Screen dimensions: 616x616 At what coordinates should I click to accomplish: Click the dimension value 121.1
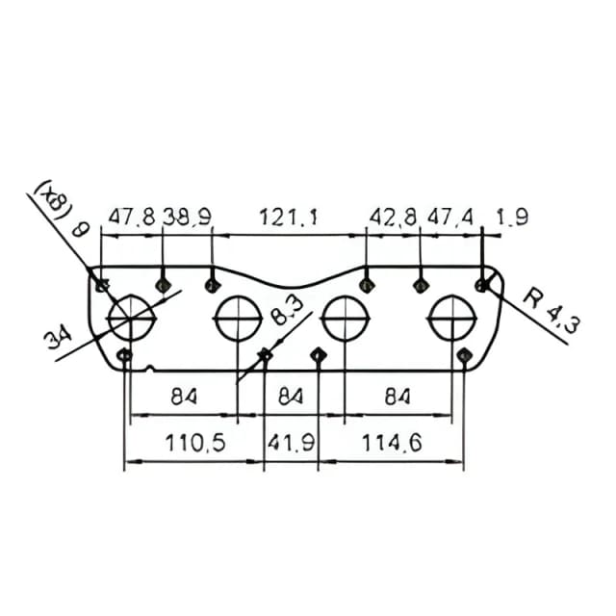pos(288,217)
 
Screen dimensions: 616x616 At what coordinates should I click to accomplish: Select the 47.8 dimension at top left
pos(132,217)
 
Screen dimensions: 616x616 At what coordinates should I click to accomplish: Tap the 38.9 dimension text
pos(187,217)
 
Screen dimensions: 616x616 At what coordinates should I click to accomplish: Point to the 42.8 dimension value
pos(393,217)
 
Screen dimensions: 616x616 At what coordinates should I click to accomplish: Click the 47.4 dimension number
pos(450,217)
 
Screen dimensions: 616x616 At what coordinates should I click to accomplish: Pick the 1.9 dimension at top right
pos(512,217)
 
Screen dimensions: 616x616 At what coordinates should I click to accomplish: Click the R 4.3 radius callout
pos(551,310)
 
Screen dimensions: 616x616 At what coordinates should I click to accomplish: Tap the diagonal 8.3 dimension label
pos(287,311)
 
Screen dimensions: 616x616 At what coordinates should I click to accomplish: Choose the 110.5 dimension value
pos(194,443)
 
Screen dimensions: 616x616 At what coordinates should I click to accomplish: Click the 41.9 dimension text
pos(291,443)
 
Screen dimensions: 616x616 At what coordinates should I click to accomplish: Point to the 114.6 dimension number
pos(392,443)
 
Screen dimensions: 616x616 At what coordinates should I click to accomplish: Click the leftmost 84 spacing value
pos(184,397)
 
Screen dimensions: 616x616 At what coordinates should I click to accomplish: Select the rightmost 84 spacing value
pos(398,397)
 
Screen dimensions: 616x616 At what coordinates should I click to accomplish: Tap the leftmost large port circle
pos(131,295)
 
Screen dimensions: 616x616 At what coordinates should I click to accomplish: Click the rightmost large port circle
pos(452,295)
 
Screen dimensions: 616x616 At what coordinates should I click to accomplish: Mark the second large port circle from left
pos(239,295)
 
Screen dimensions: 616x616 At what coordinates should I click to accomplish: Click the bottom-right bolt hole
pos(464,355)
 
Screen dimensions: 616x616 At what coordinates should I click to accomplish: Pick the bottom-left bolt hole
pos(125,356)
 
